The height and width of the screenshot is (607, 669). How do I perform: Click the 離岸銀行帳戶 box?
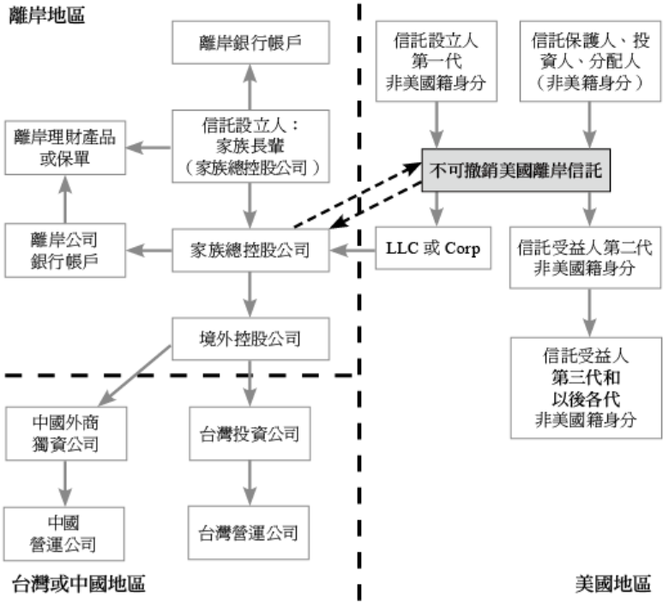(x=250, y=43)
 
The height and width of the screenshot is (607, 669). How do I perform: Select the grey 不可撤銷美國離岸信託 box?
(x=515, y=171)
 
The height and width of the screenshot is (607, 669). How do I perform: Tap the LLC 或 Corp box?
(x=433, y=248)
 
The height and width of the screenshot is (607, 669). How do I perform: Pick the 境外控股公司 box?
(x=250, y=339)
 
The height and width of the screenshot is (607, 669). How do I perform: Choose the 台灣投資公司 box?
(x=250, y=434)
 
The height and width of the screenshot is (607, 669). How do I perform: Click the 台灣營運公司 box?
(x=249, y=532)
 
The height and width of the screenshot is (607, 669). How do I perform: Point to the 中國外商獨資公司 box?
(x=66, y=434)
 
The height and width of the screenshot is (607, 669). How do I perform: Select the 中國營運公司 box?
(x=64, y=533)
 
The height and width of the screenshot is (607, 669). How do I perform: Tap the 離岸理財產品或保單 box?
(x=65, y=147)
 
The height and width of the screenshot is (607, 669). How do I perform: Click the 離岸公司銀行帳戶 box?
(x=65, y=250)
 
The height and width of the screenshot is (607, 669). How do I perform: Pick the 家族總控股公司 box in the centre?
(x=250, y=250)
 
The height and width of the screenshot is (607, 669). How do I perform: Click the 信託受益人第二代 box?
(x=585, y=258)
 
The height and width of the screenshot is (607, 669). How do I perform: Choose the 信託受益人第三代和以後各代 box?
(x=586, y=388)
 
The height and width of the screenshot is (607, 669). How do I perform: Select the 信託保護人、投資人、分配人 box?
(x=590, y=61)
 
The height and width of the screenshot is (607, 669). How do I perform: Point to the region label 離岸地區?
(x=47, y=15)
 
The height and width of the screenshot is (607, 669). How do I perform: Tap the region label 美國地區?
(x=613, y=584)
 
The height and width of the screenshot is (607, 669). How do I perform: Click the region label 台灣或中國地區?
(x=79, y=584)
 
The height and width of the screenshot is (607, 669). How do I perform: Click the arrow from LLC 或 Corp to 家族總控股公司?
(x=353, y=250)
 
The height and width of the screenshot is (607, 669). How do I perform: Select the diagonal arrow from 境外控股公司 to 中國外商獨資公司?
(x=135, y=376)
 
